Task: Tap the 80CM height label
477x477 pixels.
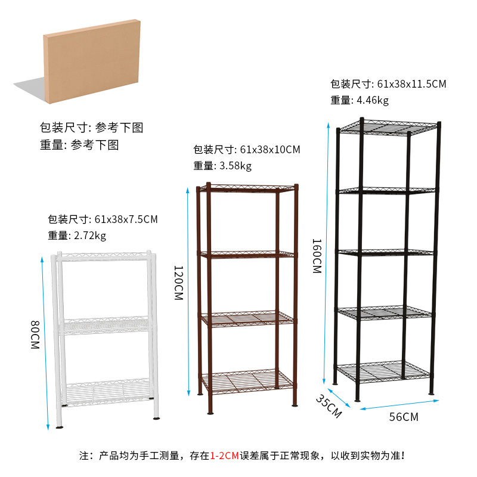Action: tap(35, 336)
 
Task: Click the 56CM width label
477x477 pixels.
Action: tap(403, 417)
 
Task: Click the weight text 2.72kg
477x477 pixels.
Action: tap(91, 236)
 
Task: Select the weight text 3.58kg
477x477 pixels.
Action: tap(236, 165)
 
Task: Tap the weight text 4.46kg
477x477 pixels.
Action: tap(373, 100)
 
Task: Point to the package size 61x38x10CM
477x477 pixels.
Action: tap(270, 149)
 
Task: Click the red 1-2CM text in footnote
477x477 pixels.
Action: tap(224, 456)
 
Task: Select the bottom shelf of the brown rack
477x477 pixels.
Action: tap(246, 380)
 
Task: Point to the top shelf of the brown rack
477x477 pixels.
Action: tap(247, 188)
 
